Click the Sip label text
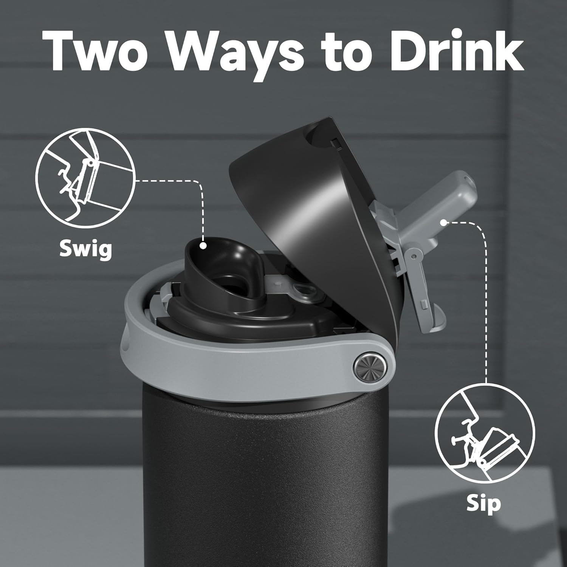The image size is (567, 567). click(x=483, y=504)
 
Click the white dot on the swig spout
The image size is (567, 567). click(x=203, y=246)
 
